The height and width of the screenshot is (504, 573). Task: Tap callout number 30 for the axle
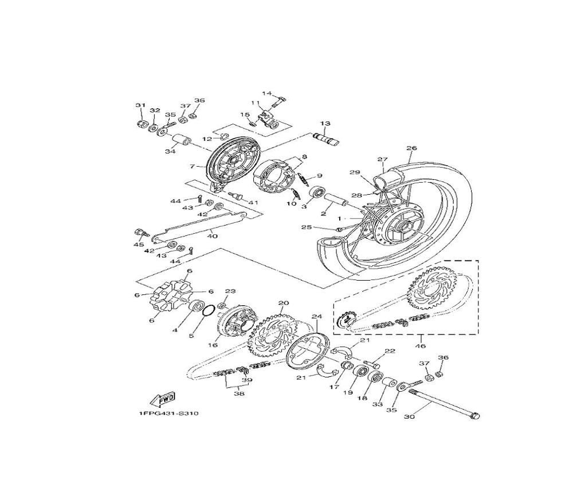(409, 416)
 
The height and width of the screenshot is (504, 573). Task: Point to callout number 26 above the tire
(411, 148)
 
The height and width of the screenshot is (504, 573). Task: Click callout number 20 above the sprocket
(283, 303)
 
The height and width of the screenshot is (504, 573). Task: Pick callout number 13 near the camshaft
(325, 123)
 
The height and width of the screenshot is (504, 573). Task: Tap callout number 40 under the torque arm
(213, 236)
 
